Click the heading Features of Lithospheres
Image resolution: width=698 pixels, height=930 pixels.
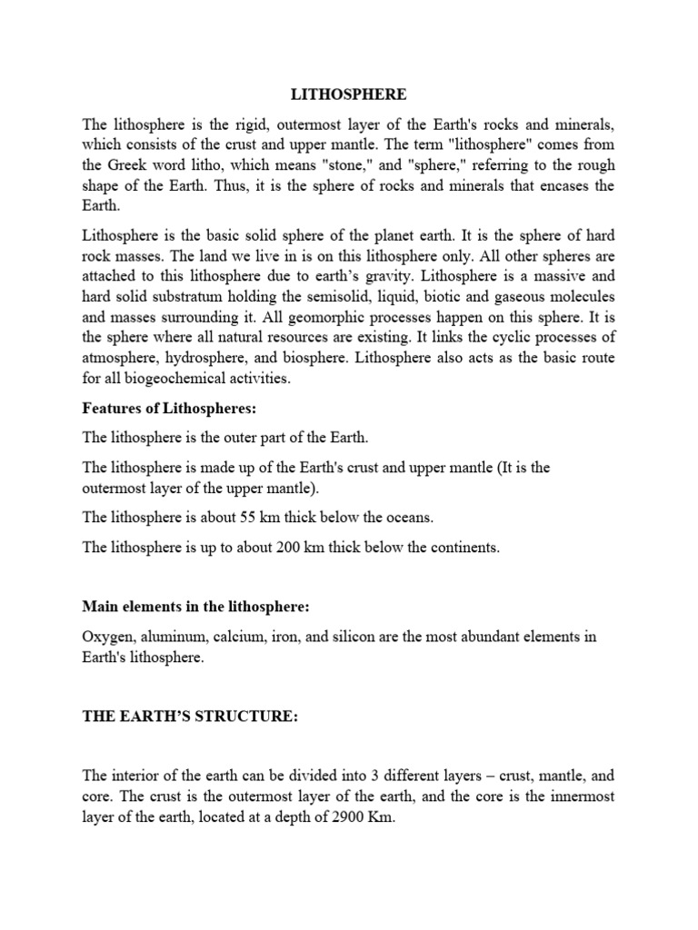164,409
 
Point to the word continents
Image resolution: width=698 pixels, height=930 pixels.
454,548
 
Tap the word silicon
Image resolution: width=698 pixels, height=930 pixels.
354,637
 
